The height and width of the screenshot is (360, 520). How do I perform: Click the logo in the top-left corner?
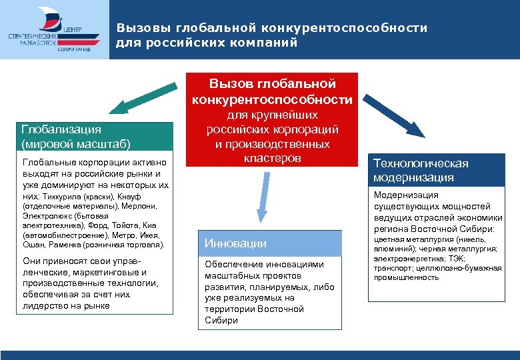(55, 31)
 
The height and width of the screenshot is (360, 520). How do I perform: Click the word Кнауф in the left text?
(131, 197)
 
